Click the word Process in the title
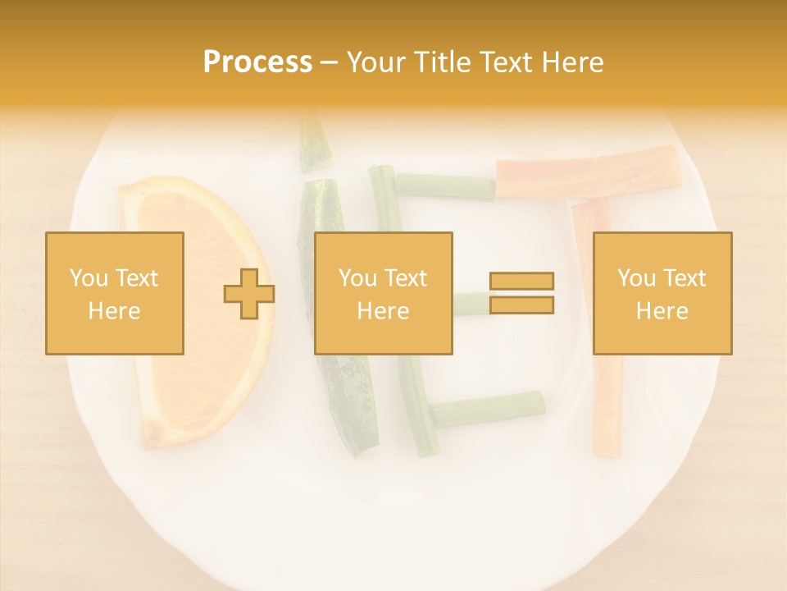[x=257, y=62]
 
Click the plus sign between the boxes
[x=249, y=294]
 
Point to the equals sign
[x=521, y=293]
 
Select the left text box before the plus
[x=115, y=293]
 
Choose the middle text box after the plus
[x=384, y=293]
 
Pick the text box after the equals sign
[x=662, y=293]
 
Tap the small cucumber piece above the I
[x=313, y=141]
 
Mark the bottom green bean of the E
[x=487, y=408]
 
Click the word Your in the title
[x=375, y=62]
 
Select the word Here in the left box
[x=115, y=311]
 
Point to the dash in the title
[x=329, y=62]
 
